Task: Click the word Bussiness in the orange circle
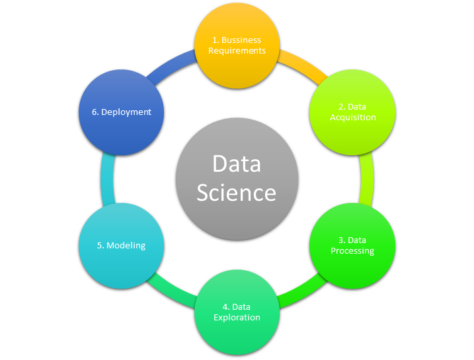241,40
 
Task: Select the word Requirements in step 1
237,51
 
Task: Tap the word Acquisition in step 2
353,118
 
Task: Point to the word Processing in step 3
352,251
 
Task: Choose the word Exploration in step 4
237,318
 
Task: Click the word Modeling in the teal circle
126,246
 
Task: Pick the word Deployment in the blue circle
126,112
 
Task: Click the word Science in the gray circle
237,193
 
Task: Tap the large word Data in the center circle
237,164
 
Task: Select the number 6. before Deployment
95,112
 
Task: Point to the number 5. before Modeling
100,246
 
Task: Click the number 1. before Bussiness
216,40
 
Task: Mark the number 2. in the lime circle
342,107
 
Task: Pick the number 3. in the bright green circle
342,240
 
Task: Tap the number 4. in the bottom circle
226,307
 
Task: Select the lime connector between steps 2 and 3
366,179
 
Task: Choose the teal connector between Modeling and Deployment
107,179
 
